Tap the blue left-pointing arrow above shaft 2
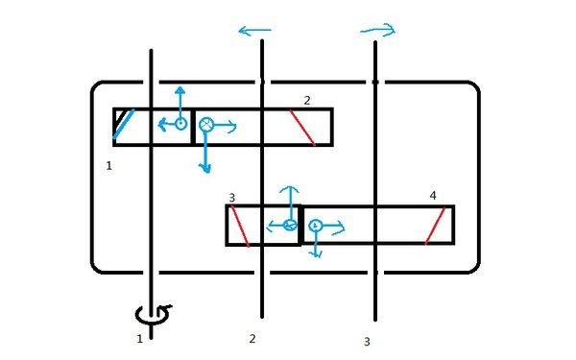[254, 31]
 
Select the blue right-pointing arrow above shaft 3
[378, 30]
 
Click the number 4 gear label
[433, 196]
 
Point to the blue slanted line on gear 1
[124, 124]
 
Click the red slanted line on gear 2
[302, 127]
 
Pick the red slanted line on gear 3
[240, 226]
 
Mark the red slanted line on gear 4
[435, 226]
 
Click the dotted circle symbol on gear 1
[180, 124]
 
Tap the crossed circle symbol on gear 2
[206, 125]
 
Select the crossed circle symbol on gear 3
[290, 225]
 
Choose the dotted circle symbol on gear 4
[315, 226]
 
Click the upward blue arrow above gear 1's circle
[180, 102]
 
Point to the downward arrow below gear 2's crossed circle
[205, 152]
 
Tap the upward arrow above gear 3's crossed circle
[290, 203]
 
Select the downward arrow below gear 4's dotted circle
[316, 244]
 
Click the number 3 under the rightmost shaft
[367, 342]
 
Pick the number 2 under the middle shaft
[252, 339]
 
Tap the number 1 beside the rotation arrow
[139, 339]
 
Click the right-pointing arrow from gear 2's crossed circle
[225, 127]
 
